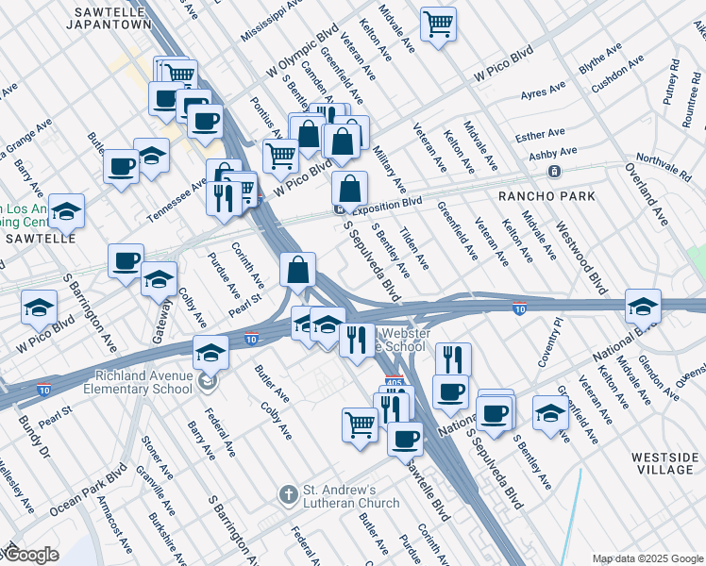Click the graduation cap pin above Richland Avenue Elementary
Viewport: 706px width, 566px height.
(210, 353)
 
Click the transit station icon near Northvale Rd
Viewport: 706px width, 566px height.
(554, 172)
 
